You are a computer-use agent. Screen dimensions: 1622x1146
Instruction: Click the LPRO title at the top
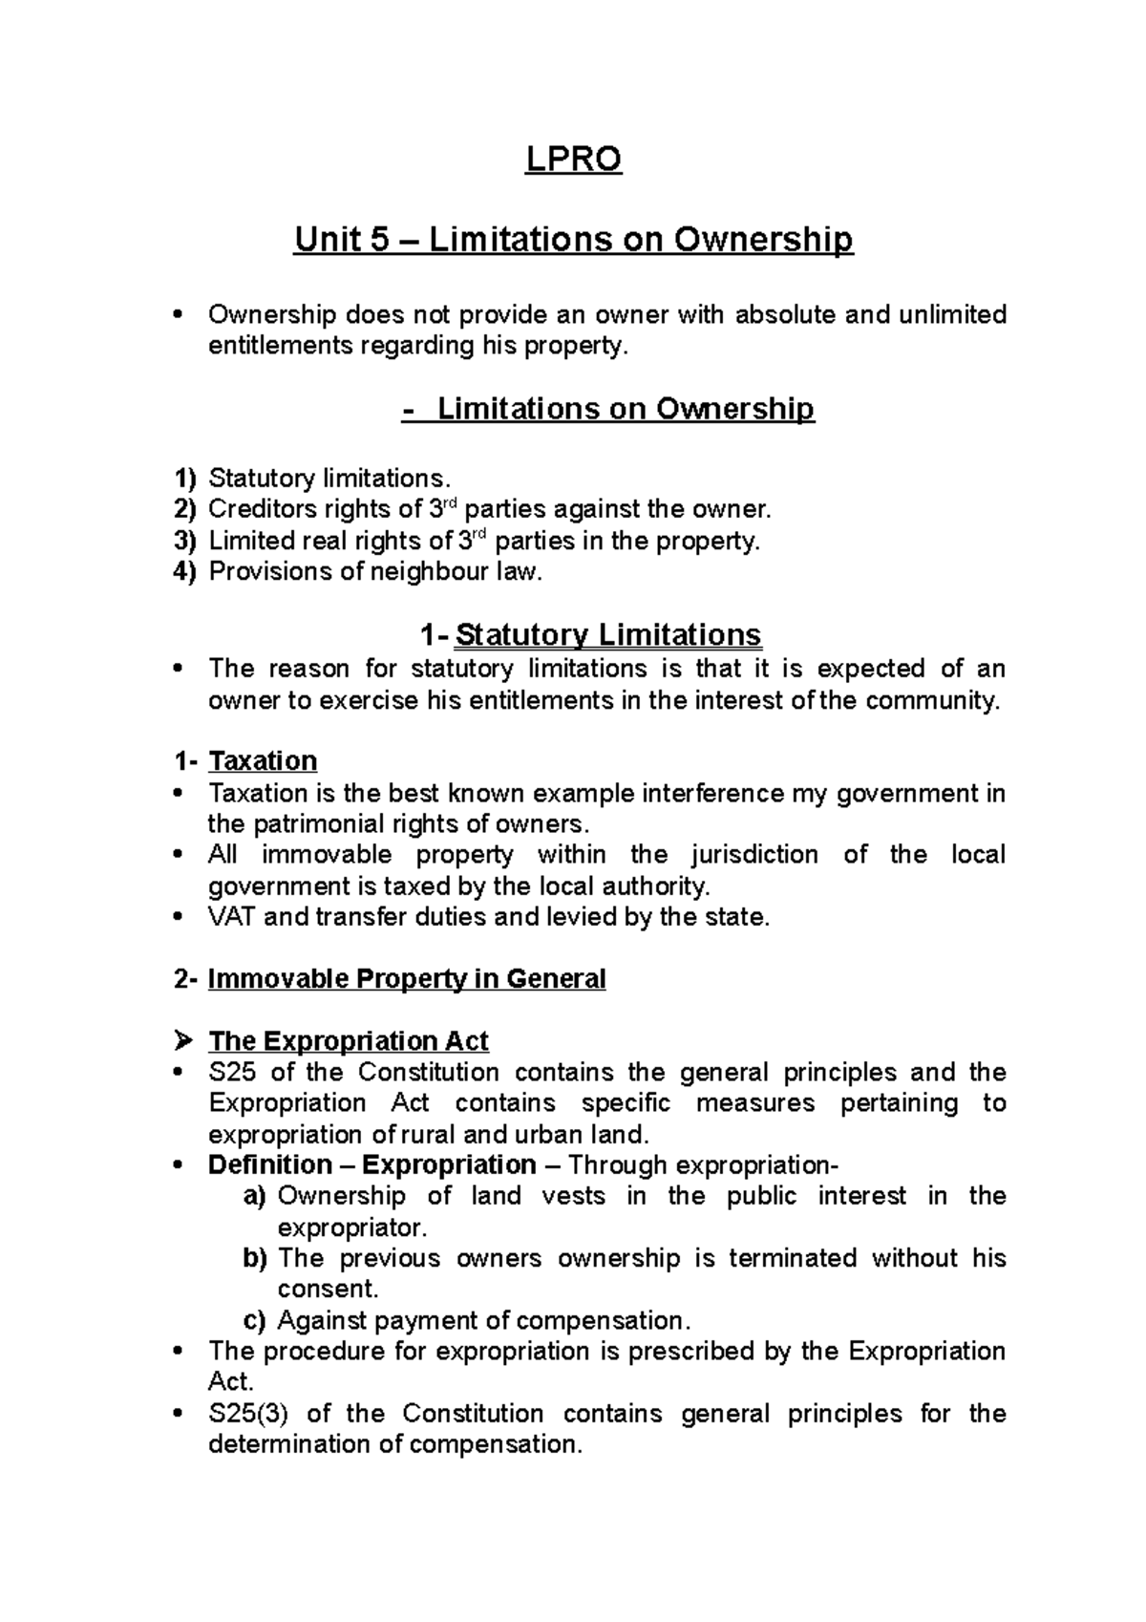pyautogui.click(x=573, y=160)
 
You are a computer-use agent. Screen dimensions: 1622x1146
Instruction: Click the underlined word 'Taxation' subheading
pyautogui.click(x=263, y=760)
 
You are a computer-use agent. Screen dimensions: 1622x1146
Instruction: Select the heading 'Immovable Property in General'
pyautogui.click(x=407, y=979)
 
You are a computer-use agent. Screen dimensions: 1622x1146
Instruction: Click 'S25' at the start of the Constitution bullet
pyautogui.click(x=232, y=1072)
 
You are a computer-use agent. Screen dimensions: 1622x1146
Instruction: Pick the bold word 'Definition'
pyautogui.click(x=267, y=1164)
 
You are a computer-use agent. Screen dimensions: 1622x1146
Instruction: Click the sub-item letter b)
pyautogui.click(x=255, y=1258)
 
